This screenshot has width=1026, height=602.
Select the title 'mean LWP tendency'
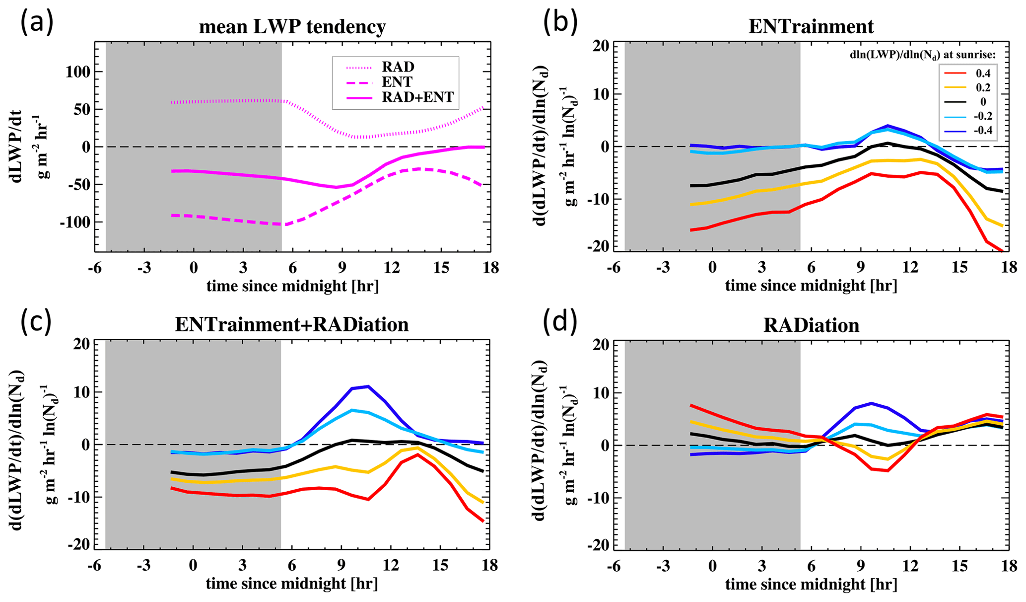[x=292, y=27]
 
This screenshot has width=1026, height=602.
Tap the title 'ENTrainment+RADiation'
[x=292, y=324]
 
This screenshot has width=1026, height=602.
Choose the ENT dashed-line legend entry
[x=397, y=82]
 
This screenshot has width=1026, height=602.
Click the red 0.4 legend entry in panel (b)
[x=968, y=73]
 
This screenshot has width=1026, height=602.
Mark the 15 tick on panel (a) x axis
[x=441, y=268]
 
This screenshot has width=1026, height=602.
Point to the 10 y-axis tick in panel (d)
[x=601, y=393]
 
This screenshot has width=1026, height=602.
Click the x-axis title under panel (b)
[x=811, y=286]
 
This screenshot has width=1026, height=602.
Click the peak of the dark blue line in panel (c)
[x=367, y=386]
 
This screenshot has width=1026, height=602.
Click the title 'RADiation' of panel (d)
[x=811, y=325]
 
